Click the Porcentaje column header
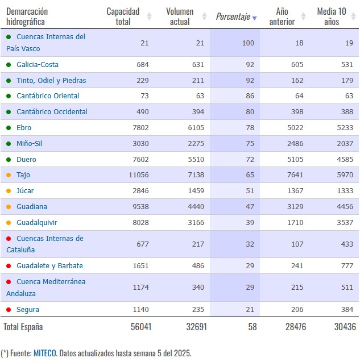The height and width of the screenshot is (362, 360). point(233,16)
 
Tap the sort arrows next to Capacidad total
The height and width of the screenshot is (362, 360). point(149,16)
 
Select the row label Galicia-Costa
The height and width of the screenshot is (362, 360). point(38,65)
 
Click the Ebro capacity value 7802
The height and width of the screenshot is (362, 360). point(140,128)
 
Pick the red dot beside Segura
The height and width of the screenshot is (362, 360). point(9,310)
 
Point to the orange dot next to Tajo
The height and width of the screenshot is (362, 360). point(9,175)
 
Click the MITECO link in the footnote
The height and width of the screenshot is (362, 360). point(45,353)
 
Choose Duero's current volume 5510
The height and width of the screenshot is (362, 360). point(196,160)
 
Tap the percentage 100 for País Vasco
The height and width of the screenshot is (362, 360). point(248,43)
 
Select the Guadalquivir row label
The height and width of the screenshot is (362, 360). point(37,223)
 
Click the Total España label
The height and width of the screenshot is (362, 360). point(23,327)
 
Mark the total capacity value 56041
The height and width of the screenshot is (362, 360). point(141,327)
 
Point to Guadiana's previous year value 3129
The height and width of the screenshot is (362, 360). point(295,207)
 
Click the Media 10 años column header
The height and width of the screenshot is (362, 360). point(332,16)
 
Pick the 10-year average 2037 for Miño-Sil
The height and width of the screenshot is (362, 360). point(345,144)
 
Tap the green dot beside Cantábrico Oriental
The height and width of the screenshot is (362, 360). point(9,96)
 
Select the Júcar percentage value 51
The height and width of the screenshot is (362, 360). point(250,191)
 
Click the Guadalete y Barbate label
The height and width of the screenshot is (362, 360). point(49,266)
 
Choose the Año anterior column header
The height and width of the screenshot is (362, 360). point(282,16)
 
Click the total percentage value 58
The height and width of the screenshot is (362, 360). point(253,327)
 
